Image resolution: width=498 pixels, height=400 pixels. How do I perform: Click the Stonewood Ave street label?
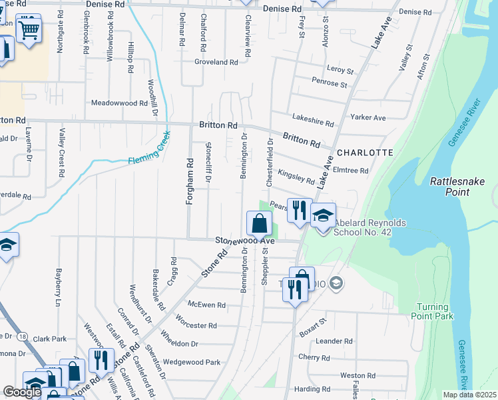pyautogui.click(x=244, y=240)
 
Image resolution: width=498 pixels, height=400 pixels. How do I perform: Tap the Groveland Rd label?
pyautogui.click(x=216, y=62)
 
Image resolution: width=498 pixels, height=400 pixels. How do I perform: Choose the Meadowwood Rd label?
pyautogui.click(x=119, y=103)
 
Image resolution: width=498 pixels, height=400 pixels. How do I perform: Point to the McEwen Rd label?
pyautogui.click(x=206, y=305)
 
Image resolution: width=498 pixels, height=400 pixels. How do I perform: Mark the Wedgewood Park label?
pyautogui.click(x=192, y=363)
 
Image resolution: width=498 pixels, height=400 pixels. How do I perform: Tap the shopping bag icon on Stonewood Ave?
pyautogui.click(x=260, y=223)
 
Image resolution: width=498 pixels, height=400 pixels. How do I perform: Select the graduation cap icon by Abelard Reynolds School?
pyautogui.click(x=324, y=215)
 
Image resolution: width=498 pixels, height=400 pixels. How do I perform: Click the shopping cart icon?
pyautogui.click(x=29, y=28)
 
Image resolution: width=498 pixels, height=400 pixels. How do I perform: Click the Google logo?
pyautogui.click(x=23, y=392)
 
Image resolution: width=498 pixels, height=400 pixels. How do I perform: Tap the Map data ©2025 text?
pyautogui.click(x=469, y=395)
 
